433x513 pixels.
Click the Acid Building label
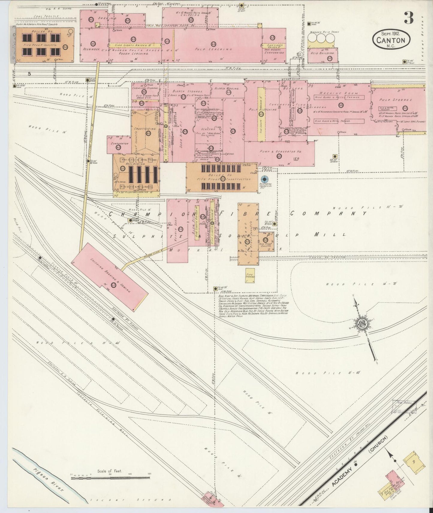pos(322,53)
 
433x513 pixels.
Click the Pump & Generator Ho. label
pos(280,152)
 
